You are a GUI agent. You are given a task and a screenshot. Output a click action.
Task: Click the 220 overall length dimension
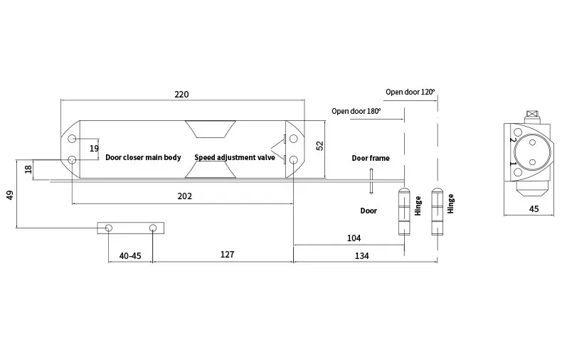tap(181, 94)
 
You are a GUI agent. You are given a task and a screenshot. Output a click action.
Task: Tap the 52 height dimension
tap(320, 144)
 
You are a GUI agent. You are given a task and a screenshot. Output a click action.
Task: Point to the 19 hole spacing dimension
tap(95, 148)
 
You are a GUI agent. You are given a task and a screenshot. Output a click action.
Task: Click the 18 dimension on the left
tap(28, 169)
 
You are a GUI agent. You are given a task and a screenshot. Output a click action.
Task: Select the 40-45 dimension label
tap(129, 255)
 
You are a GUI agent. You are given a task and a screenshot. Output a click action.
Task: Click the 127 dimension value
tap(228, 255)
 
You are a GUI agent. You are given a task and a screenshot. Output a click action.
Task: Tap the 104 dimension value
tap(354, 238)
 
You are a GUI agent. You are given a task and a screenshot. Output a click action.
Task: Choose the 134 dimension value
tap(361, 255)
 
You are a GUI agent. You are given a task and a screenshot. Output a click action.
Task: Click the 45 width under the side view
tap(534, 208)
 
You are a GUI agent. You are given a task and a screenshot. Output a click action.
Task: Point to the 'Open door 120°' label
tap(410, 92)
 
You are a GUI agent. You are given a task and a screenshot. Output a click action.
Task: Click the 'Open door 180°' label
tap(356, 111)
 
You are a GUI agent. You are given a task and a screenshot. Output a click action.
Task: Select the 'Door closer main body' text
tap(143, 157)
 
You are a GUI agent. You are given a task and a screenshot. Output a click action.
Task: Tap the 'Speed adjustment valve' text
tap(234, 157)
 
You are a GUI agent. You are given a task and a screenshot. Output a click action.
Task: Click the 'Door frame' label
tap(370, 158)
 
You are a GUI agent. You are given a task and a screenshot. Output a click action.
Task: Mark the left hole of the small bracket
tap(108, 228)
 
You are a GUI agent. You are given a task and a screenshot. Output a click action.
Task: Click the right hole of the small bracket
tap(153, 228)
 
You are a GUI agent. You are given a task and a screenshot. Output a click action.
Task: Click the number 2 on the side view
tap(513, 140)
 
